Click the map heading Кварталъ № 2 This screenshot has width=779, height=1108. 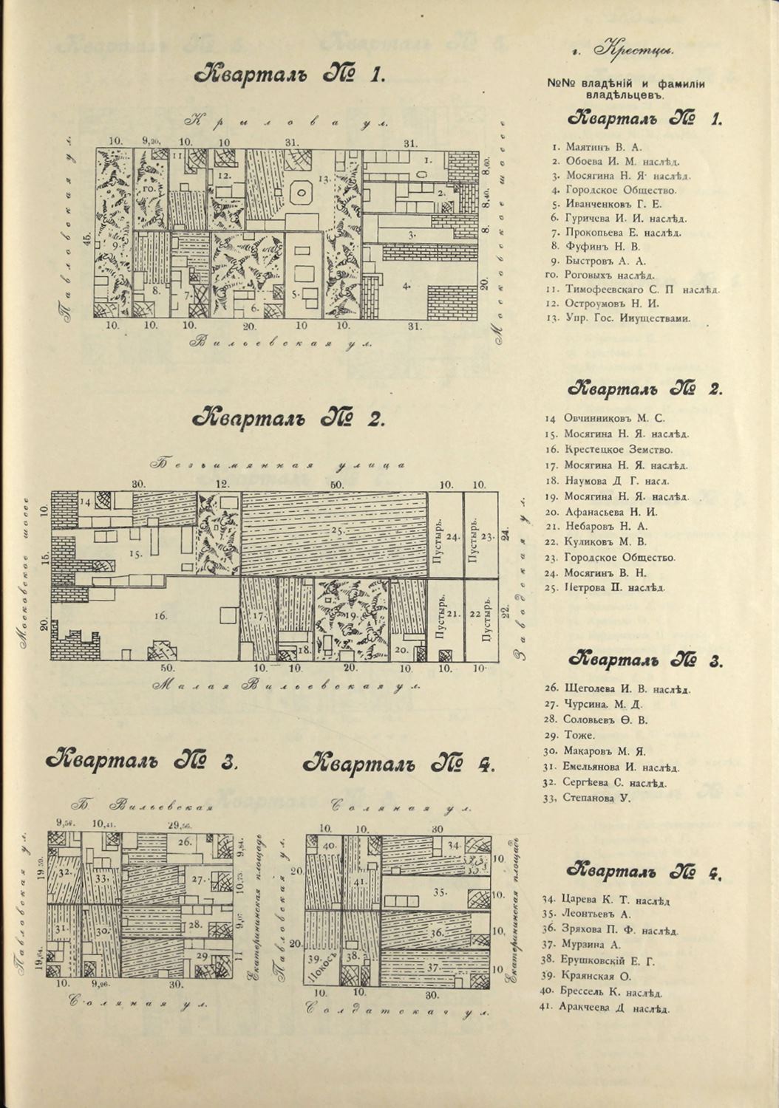point(288,419)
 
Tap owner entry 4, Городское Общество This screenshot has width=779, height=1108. point(620,191)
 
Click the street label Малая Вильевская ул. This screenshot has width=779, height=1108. point(286,686)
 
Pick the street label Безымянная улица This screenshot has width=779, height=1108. point(279,465)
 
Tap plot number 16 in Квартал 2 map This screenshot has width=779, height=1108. point(161,615)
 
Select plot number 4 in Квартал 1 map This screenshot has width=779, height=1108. point(406,285)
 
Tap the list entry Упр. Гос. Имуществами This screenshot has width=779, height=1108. point(627,318)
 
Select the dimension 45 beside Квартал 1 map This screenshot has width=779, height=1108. point(87,237)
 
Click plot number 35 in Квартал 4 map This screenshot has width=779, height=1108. point(440,892)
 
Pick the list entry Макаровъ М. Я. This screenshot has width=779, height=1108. point(605,751)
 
